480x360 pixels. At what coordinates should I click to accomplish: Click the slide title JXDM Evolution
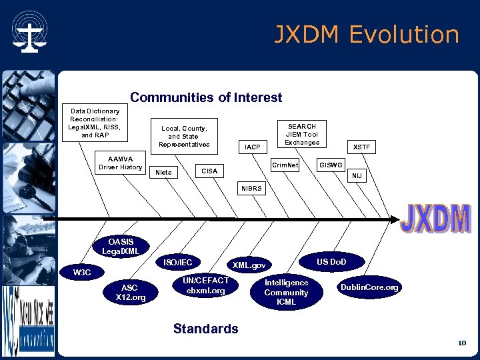point(367,35)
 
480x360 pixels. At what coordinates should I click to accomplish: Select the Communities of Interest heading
point(206,98)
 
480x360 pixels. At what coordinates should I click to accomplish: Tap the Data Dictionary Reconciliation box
point(95,123)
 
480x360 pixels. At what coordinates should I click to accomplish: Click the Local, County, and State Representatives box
point(183,136)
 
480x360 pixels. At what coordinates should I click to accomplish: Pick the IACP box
point(253,146)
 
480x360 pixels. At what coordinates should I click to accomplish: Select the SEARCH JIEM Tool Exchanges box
point(302,134)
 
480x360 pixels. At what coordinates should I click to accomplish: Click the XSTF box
point(362,146)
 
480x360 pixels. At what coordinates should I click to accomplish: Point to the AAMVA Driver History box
point(120,163)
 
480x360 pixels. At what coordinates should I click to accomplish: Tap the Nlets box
point(163,172)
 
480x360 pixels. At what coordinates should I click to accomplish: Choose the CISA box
point(209,171)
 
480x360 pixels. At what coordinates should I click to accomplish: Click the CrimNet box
point(286,164)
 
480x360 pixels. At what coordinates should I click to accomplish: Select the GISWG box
point(331,164)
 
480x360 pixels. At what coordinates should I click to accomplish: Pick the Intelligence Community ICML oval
point(286,292)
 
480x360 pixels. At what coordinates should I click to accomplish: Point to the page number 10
point(461,343)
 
